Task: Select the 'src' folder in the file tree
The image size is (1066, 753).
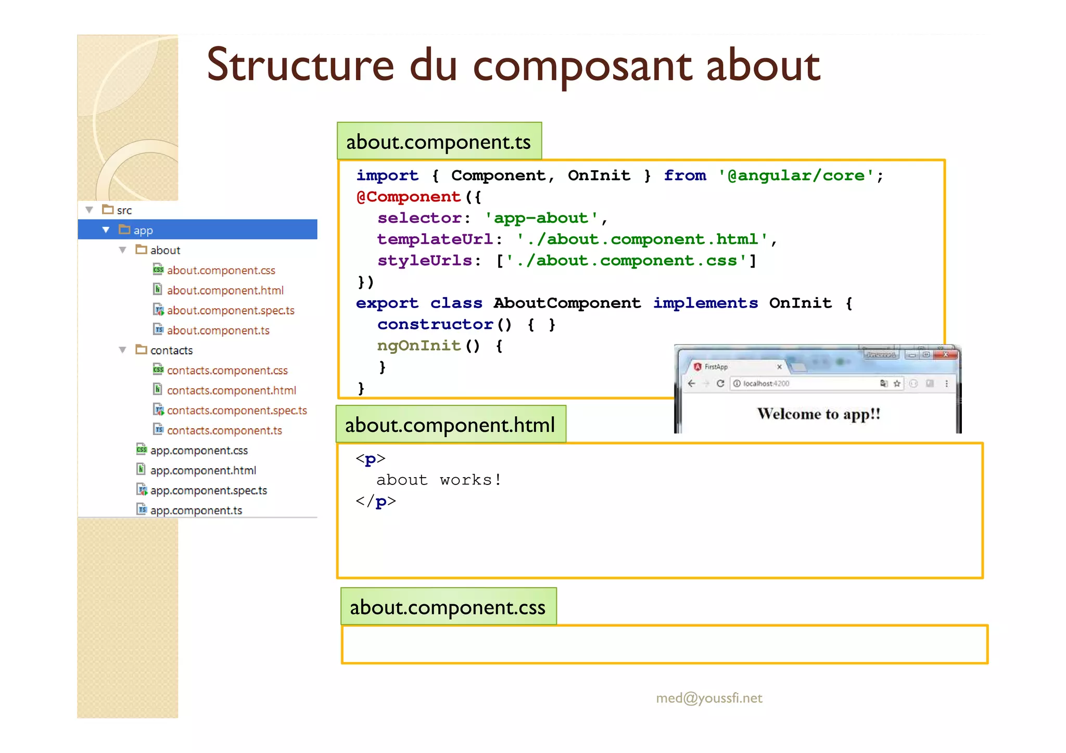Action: (124, 210)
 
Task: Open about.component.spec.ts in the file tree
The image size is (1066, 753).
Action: (231, 311)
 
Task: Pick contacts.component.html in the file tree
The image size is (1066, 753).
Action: (231, 390)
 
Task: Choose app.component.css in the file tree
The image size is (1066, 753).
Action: (199, 451)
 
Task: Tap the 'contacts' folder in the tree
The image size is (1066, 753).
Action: (171, 351)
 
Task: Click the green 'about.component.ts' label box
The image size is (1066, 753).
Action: (439, 142)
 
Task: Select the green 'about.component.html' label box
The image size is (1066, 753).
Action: (450, 425)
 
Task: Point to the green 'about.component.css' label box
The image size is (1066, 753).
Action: (448, 607)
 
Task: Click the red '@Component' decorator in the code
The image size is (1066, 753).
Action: (409, 197)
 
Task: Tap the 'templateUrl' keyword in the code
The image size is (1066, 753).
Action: (435, 239)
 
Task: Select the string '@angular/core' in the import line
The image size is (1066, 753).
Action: (795, 175)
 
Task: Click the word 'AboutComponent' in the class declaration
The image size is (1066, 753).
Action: (567, 303)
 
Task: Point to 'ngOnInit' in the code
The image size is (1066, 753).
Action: (419, 346)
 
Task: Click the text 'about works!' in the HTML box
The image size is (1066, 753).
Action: (439, 480)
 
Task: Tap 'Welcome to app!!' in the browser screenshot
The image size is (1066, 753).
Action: (818, 414)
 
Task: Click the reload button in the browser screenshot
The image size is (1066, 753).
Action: (720, 384)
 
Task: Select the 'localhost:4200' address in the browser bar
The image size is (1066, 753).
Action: (766, 384)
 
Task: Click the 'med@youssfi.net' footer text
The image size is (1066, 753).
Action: (709, 698)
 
